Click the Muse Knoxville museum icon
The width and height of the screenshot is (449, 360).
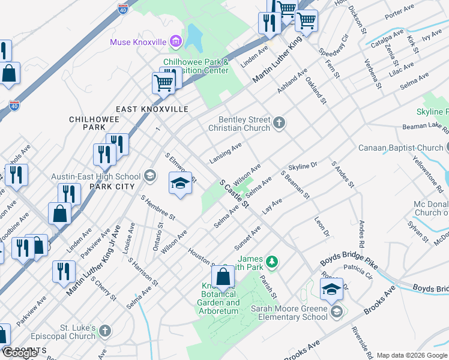pyautogui.click(x=176, y=41)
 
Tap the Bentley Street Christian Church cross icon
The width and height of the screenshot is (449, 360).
pyautogui.click(x=279, y=124)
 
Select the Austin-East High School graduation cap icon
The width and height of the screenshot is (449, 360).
pyautogui.click(x=149, y=176)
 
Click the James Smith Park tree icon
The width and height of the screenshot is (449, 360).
pyautogui.click(x=273, y=262)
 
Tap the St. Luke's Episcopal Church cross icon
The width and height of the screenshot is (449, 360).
pyautogui.click(x=105, y=331)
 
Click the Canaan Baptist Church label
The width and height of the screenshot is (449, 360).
pyautogui.click(x=400, y=148)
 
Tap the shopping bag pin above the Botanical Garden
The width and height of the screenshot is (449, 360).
pyautogui.click(x=223, y=277)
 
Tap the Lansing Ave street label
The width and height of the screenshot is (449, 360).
pyautogui.click(x=226, y=153)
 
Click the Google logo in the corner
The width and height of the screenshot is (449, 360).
pyautogui.click(x=20, y=353)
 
